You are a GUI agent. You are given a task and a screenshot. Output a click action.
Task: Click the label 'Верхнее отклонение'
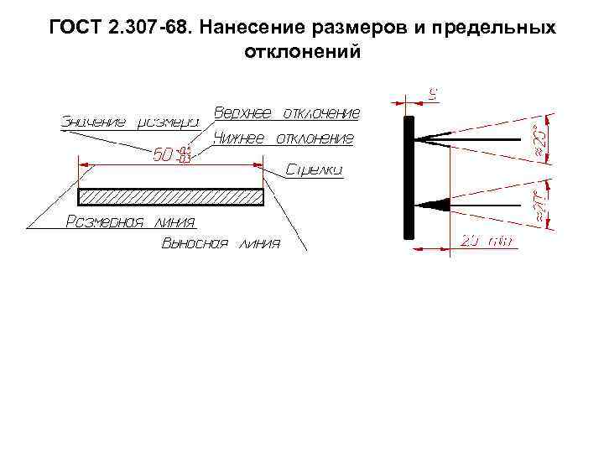point(287,112)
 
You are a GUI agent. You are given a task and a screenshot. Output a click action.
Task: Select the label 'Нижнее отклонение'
point(284,138)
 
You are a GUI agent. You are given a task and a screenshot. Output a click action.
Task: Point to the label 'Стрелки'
point(314,169)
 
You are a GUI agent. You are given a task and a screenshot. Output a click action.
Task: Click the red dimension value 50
point(164,155)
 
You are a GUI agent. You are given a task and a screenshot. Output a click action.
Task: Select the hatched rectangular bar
point(171,198)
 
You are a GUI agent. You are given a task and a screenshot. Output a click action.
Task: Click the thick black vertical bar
point(409,177)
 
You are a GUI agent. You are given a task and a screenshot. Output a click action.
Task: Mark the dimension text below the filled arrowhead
point(487,241)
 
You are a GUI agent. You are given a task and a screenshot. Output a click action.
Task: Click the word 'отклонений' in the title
point(301,51)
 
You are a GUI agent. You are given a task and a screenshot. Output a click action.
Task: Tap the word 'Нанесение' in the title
point(260,28)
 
